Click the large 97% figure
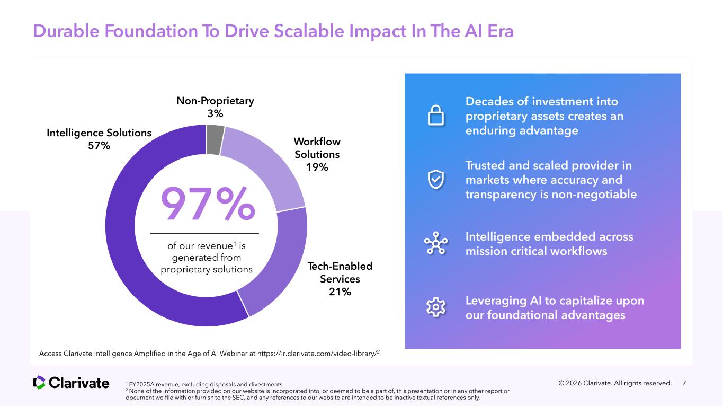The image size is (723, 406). click(x=208, y=204)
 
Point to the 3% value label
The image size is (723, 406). click(x=215, y=113)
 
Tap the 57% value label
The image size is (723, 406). click(x=99, y=146)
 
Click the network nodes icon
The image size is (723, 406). click(x=436, y=244)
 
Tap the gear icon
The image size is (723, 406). click(x=436, y=307)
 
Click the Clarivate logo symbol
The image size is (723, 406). click(x=39, y=382)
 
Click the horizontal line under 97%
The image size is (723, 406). click(x=204, y=233)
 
